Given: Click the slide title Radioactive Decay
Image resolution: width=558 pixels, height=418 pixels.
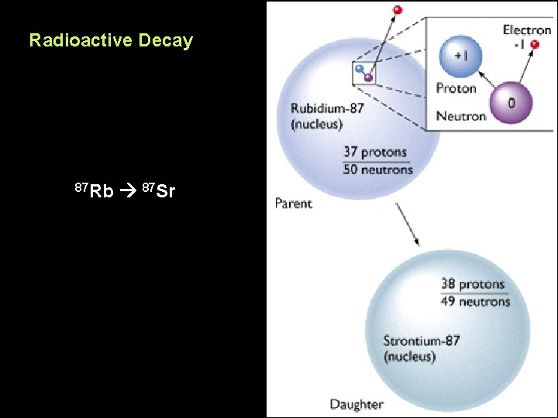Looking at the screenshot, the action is (x=111, y=40).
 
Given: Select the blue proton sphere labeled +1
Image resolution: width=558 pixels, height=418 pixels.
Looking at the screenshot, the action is (x=460, y=57).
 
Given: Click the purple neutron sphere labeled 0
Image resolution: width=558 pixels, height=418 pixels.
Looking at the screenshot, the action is (x=510, y=102).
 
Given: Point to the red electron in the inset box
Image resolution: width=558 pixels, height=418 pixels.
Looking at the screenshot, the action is (x=534, y=67).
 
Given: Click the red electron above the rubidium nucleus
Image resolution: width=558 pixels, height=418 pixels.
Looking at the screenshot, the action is (x=398, y=9).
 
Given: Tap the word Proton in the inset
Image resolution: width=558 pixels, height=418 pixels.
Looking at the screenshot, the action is (x=456, y=87).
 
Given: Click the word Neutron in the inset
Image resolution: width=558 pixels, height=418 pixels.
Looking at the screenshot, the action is (x=460, y=116).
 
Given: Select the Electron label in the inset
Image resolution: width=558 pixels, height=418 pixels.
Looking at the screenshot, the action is (x=527, y=29).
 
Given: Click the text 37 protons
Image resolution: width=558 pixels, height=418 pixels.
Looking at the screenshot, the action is (x=374, y=152).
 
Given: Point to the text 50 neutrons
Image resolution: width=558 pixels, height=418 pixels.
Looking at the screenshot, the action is (x=377, y=169).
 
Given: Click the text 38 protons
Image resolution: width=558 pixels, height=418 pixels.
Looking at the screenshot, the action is (x=473, y=284).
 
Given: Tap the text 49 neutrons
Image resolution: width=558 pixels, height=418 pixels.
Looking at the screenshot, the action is (x=475, y=301).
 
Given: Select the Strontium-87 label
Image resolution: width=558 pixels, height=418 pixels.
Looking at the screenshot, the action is (x=422, y=341).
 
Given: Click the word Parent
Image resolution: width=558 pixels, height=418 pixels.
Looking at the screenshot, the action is (x=293, y=204).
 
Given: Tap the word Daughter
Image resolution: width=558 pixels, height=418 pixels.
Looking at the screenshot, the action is (x=356, y=404).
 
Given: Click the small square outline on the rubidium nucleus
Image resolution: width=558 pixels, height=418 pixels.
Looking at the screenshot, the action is (x=363, y=73).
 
